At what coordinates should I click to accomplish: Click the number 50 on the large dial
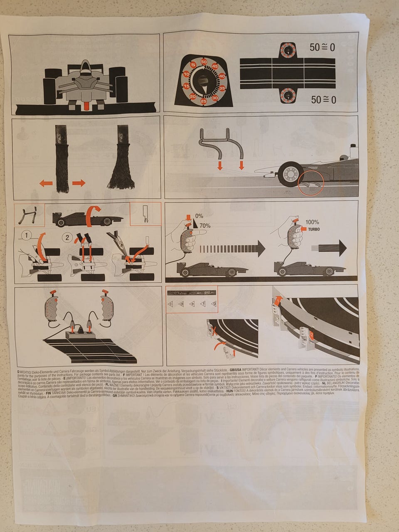204,62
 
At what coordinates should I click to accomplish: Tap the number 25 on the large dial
204,101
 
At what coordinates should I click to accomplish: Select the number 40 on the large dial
222,76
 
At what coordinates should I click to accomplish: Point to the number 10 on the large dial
186,74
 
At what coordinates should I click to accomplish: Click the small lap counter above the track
287,50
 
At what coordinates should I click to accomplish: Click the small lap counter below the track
287,95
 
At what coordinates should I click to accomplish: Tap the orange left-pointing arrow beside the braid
46,183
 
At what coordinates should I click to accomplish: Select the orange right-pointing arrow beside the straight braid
79,183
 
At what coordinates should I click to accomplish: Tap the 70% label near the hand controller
204,226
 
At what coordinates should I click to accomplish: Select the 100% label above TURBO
312,222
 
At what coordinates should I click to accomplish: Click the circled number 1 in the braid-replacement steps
27,236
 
